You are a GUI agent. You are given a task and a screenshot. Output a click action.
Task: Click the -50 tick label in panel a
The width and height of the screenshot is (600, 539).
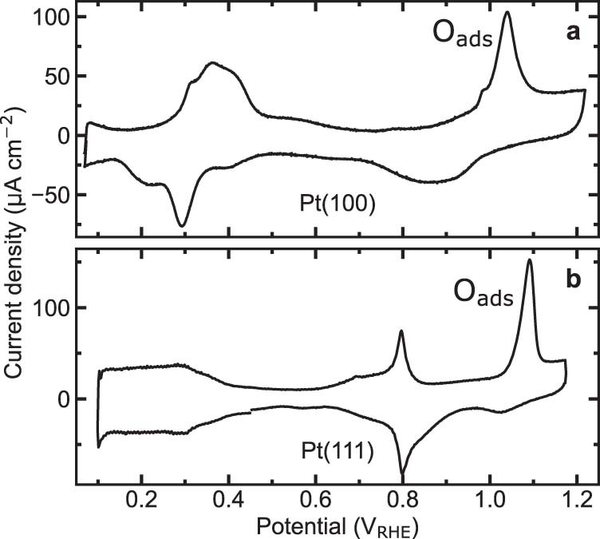pos(49,195)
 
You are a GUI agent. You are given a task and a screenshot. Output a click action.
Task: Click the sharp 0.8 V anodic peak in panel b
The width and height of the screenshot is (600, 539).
pos(401,331)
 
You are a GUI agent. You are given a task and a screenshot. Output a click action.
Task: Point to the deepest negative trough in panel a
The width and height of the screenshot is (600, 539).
pos(183,226)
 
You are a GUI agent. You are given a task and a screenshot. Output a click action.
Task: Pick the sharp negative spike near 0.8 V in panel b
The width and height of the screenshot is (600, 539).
pos(403,473)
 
